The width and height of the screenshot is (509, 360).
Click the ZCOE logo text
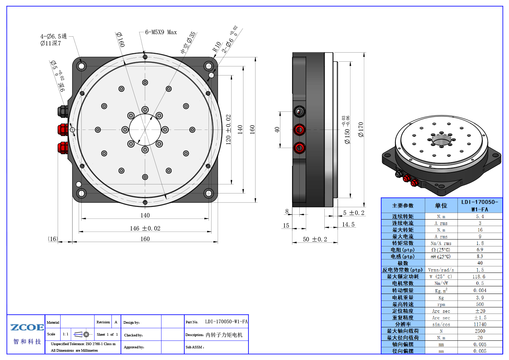click(x=27, y=327)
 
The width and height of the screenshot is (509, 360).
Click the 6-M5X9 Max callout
click(x=161, y=32)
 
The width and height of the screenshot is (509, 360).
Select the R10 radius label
click(x=217, y=47)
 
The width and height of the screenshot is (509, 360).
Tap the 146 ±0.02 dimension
click(x=145, y=228)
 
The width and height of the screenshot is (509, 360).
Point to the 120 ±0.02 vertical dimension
click(x=228, y=130)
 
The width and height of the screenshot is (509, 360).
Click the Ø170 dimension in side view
click(x=361, y=130)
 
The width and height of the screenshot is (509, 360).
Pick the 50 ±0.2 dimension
click(x=315, y=239)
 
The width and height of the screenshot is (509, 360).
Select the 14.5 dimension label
click(x=348, y=225)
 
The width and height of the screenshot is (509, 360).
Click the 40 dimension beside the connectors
click(x=277, y=130)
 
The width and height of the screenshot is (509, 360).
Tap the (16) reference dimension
click(x=53, y=239)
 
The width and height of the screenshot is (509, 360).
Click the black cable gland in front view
click(x=63, y=111)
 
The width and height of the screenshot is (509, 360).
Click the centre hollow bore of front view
click(x=145, y=130)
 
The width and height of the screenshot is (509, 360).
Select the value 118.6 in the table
click(x=480, y=277)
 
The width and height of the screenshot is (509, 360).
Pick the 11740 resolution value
click(x=480, y=324)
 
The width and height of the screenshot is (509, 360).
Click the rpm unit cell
click(x=441, y=304)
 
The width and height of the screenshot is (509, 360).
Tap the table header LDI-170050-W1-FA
click(x=480, y=206)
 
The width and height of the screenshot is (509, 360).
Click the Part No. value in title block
click(x=226, y=322)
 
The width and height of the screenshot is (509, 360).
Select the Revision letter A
click(x=116, y=322)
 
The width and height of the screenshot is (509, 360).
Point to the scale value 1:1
click(x=65, y=334)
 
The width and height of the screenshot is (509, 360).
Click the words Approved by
click(x=134, y=347)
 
